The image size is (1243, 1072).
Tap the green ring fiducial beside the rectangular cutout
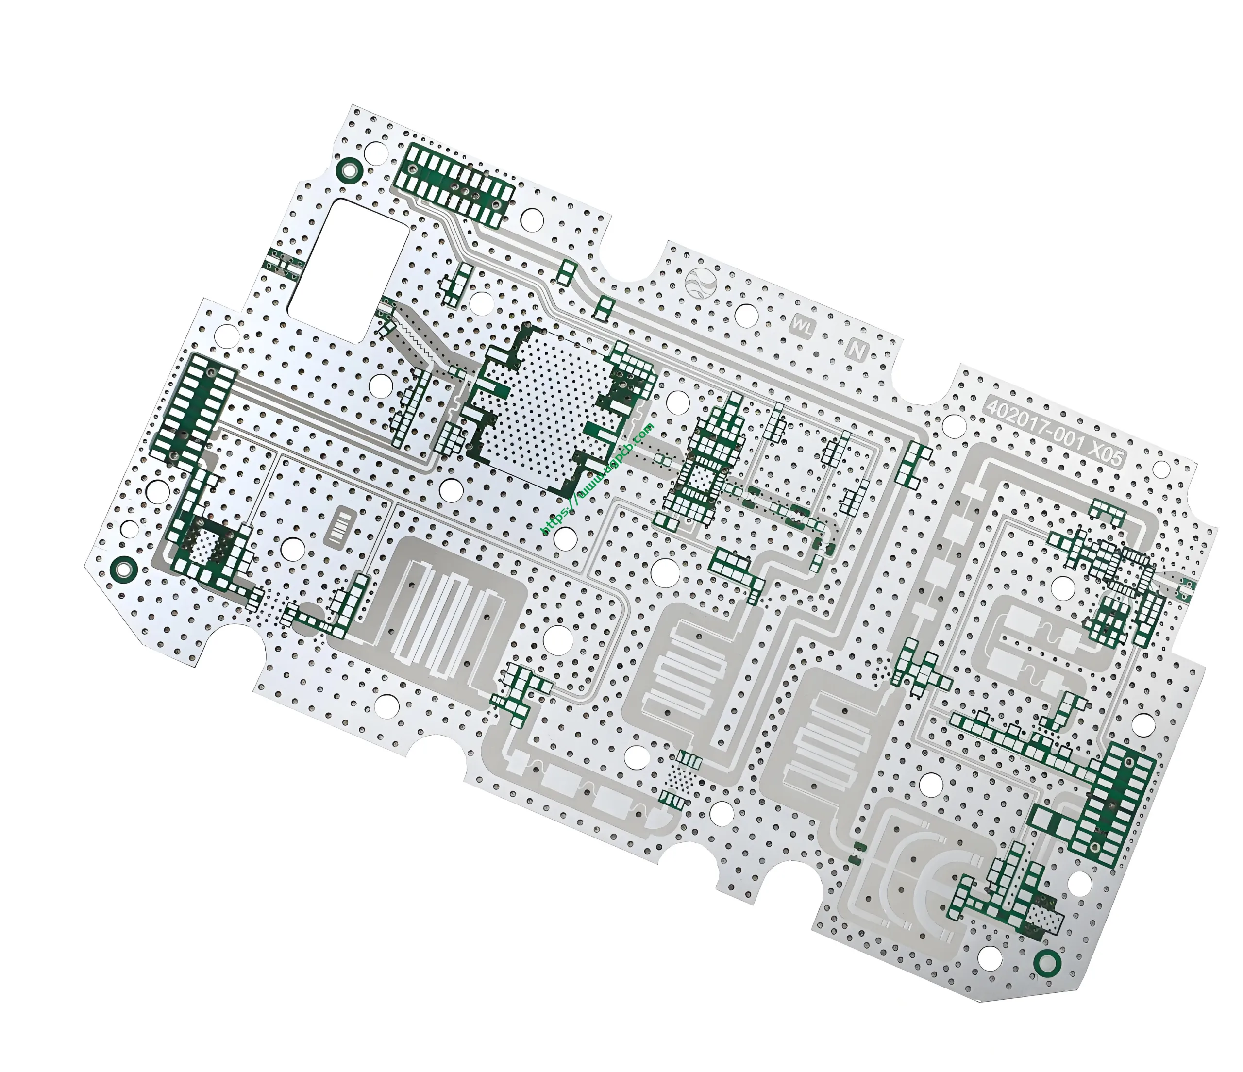[349, 170]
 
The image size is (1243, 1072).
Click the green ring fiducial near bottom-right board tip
[1047, 963]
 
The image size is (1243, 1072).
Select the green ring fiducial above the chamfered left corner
[123, 568]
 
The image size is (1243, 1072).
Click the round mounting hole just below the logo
[746, 315]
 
